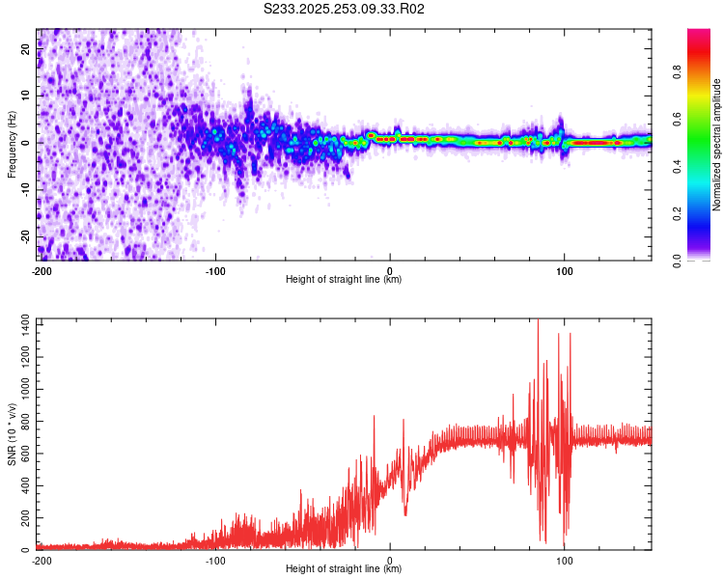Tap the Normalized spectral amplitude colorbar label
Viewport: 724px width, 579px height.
click(x=716, y=145)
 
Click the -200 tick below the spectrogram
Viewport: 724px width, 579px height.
click(x=42, y=270)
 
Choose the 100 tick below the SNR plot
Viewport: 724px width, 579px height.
click(x=564, y=560)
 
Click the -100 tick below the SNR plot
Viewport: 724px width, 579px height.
click(x=215, y=560)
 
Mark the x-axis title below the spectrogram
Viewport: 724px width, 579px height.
click(x=344, y=280)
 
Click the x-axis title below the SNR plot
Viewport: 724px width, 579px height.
click(x=344, y=569)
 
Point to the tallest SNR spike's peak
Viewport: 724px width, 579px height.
click(x=538, y=322)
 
